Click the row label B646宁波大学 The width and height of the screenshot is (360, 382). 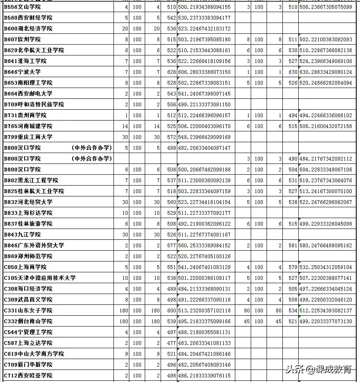click(x=25, y=72)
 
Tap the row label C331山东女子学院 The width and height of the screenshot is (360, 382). click(x=28, y=310)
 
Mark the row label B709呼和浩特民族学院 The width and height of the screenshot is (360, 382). click(x=34, y=104)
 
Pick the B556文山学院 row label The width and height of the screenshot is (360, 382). click(x=25, y=7)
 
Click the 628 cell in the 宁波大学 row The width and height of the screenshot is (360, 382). click(x=171, y=72)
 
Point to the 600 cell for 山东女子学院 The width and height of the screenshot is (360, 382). click(x=171, y=310)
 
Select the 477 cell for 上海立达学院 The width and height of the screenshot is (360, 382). click(x=171, y=343)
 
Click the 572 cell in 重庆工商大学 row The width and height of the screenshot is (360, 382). click(x=171, y=137)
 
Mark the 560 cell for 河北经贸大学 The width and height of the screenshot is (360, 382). click(x=171, y=202)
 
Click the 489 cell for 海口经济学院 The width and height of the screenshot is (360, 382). click(x=171, y=289)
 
